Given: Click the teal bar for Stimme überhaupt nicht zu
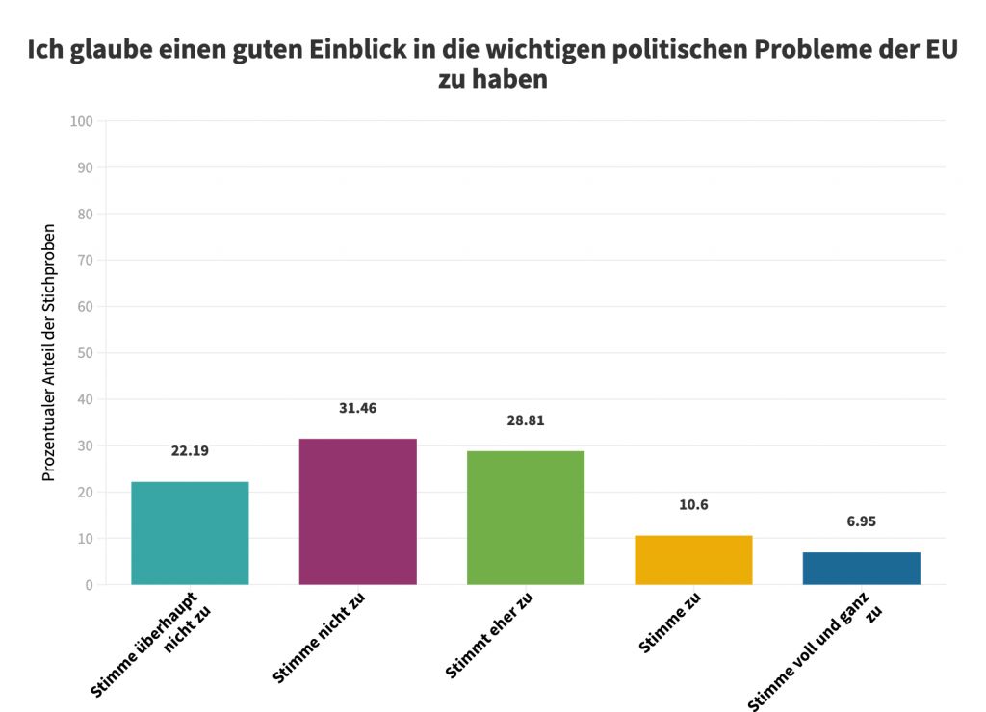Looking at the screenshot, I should (190, 533).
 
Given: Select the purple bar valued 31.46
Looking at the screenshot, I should (358, 512).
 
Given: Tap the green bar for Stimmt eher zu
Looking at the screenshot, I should (526, 518).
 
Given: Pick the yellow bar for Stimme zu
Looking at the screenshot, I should (693, 560).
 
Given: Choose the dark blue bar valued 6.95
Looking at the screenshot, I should (861, 569).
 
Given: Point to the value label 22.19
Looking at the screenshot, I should (190, 450).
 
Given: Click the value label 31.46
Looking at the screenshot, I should (358, 408).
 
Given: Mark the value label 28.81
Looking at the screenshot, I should (526, 420).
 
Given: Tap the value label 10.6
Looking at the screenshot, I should (693, 504).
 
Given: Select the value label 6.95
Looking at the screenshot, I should (861, 521).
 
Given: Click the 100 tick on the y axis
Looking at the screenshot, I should (81, 121).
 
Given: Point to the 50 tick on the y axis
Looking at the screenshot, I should (85, 353).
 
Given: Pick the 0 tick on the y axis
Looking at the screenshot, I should (89, 585).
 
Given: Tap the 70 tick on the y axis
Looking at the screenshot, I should (85, 260).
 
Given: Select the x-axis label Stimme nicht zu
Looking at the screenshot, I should (320, 639).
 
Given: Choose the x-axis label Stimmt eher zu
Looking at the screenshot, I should (489, 637).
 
